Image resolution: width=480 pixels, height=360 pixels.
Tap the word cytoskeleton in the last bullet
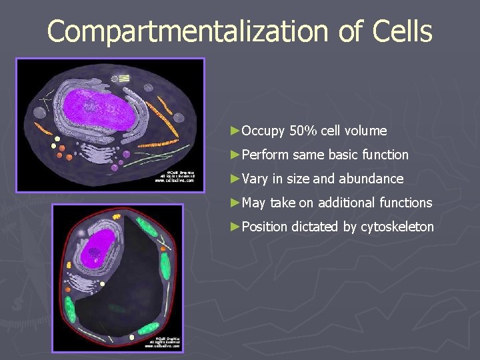coord(397,227)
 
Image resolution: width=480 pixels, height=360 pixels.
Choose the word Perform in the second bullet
coord(265,155)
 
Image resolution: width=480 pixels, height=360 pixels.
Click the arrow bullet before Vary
coord(233,179)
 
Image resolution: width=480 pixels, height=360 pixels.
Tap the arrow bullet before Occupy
coord(233,131)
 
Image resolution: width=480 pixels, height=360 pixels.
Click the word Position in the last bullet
coord(265,227)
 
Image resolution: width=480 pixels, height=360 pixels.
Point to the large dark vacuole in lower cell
coord(133,287)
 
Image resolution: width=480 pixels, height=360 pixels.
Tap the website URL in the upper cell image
coord(175,180)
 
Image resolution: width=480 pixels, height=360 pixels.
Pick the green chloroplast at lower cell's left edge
coord(69,310)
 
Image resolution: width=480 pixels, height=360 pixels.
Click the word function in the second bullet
coord(386,155)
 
